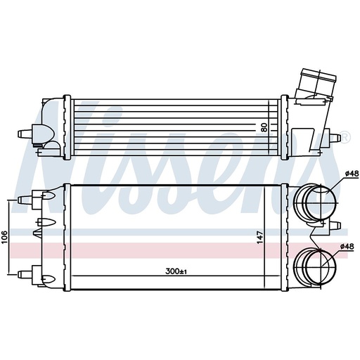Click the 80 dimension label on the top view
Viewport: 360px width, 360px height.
point(264,128)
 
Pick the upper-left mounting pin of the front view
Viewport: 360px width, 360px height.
point(27,196)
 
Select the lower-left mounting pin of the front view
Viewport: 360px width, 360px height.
point(27,273)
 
